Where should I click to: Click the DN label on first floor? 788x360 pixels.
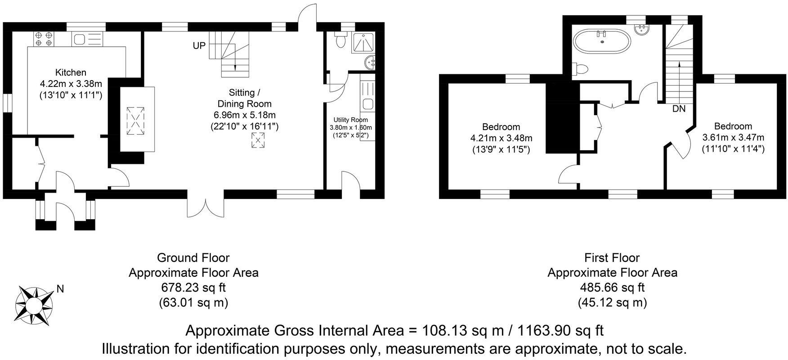click(679, 108)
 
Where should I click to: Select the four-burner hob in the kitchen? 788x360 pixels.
click(44, 38)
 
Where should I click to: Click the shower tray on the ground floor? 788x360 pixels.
click(366, 43)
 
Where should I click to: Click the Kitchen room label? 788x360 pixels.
click(71, 72)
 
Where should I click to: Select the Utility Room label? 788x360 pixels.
click(350, 120)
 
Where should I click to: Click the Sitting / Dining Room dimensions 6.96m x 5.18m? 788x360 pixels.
click(245, 115)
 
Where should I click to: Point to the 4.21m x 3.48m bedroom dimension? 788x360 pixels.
click(501, 138)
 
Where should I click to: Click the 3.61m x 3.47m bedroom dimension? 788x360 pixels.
click(733, 137)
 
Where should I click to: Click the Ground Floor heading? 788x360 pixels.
click(193, 258)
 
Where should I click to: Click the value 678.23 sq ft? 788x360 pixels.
click(193, 287)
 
